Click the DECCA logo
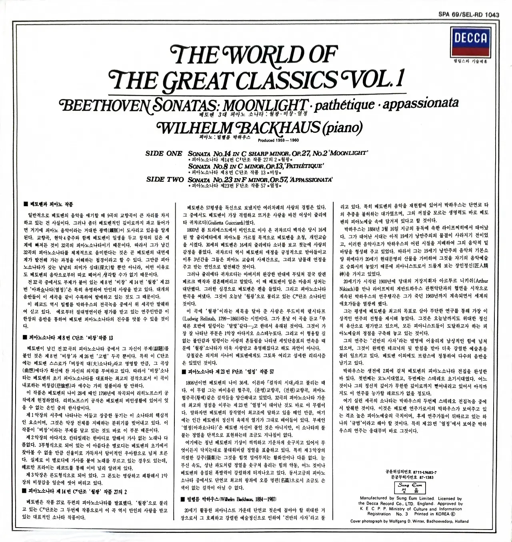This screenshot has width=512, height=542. click(470, 38)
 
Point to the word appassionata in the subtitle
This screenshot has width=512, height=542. click(420, 103)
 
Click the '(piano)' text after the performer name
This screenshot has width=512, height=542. click(342, 128)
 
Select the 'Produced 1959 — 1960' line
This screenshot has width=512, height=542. click(279, 140)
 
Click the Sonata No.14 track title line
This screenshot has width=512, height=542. click(277, 153)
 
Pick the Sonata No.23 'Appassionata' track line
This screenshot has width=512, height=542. click(260, 179)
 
